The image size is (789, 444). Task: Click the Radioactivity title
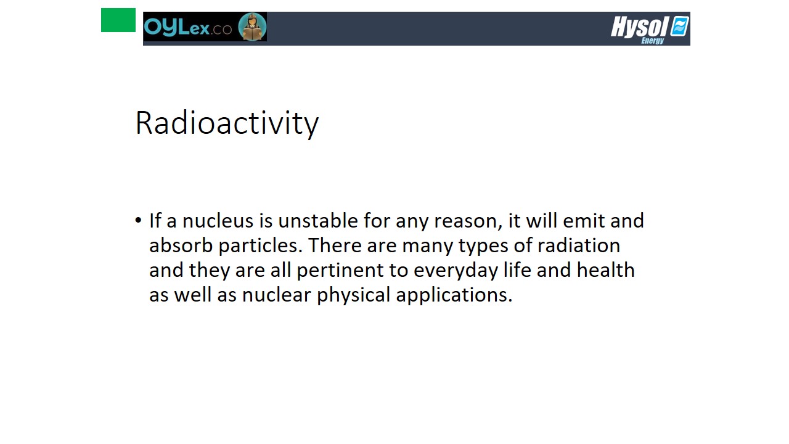pos(227,123)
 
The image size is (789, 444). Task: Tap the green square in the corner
pos(118,20)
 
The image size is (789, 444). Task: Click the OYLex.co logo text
pos(188,27)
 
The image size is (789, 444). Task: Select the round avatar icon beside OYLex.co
pos(252,27)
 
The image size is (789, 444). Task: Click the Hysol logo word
pos(639,27)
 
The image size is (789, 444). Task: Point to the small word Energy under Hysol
pos(653,41)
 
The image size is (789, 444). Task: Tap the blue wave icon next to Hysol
pos(679,26)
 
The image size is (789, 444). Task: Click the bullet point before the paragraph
pos(138,221)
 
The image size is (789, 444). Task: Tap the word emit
pos(584,221)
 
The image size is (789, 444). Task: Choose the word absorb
pos(181,245)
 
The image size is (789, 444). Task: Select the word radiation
pos(579,245)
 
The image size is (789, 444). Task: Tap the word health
pos(606,270)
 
